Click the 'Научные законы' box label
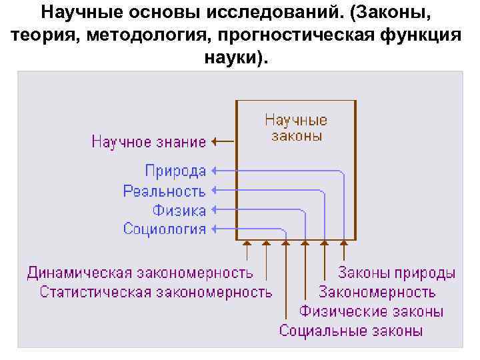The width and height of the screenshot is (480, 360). tap(296, 128)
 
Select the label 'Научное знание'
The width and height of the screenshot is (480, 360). tap(149, 141)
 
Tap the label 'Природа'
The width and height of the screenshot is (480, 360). tap(175, 171)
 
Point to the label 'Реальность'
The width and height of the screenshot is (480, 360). tap(164, 191)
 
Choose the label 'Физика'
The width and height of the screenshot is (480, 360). tap(179, 211)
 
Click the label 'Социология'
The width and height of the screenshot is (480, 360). tap(165, 229)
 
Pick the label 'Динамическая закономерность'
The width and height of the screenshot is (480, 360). tap(140, 273)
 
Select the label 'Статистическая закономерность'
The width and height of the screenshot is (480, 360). tap(156, 292)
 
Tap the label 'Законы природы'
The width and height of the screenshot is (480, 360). tap(397, 273)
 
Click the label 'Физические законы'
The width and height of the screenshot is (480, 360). tap(371, 311)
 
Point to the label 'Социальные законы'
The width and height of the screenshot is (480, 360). tap(351, 331)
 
